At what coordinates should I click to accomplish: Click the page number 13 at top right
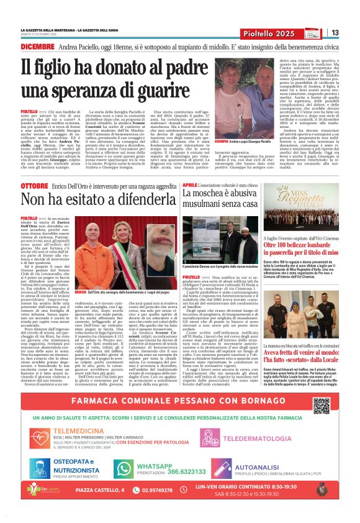[x=335, y=33]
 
